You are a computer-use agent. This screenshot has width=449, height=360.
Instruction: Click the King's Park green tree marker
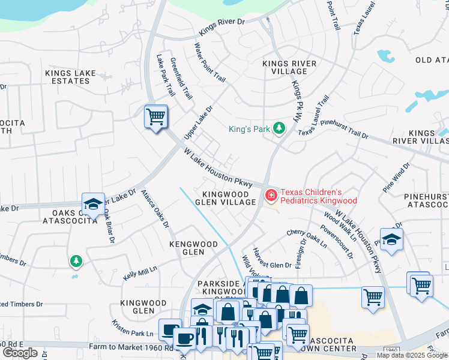pos(279,128)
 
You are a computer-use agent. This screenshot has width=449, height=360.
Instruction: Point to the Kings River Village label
pos(285,67)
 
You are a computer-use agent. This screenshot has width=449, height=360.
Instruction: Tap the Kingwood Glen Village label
pos(229,198)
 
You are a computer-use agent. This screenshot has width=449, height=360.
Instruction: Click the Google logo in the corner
pos(20,353)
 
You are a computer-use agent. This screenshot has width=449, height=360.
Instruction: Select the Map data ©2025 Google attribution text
pos(412,355)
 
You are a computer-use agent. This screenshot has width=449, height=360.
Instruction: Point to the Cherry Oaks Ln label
pos(306,238)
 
